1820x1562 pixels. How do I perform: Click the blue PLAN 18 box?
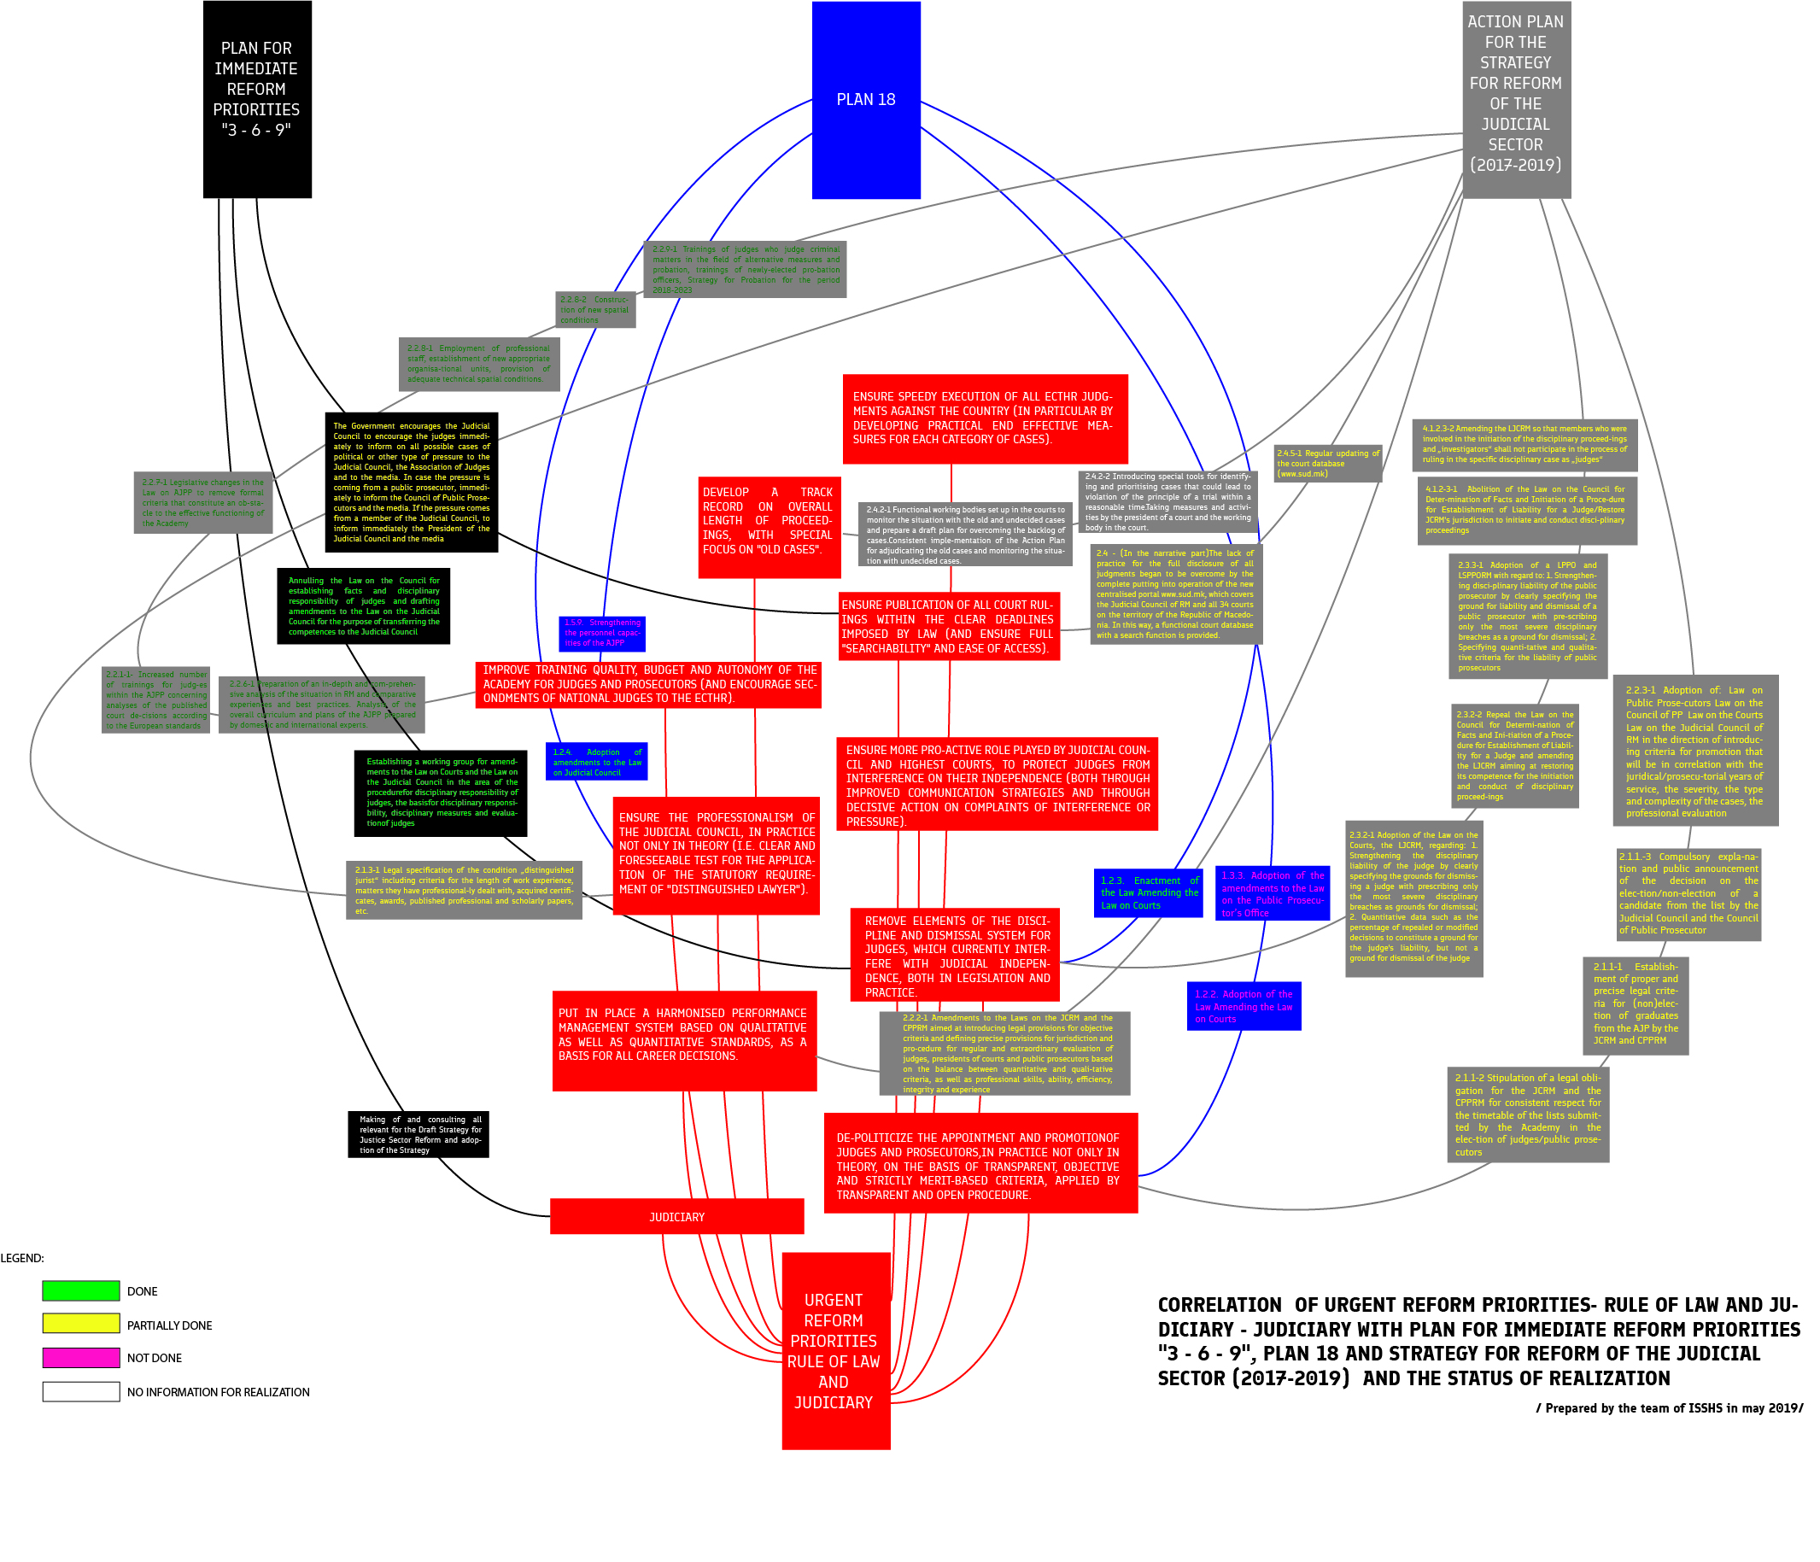click(x=865, y=99)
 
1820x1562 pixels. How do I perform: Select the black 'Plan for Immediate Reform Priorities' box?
click(x=256, y=98)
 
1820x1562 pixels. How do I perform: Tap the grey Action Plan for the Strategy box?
click(x=1515, y=98)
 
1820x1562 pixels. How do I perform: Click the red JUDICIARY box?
click(x=676, y=1216)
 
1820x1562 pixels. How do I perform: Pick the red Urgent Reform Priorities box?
click(x=835, y=1350)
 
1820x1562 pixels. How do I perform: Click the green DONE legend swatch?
click(x=81, y=1290)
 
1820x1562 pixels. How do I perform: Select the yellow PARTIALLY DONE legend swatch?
click(x=81, y=1324)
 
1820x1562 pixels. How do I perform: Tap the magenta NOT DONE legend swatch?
click(x=81, y=1357)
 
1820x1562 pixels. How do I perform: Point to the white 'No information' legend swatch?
click(x=81, y=1391)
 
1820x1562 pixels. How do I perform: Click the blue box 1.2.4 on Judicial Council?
click(x=596, y=762)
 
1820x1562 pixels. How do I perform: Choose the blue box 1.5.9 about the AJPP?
click(x=602, y=634)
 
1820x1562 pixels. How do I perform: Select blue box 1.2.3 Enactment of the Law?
click(x=1148, y=892)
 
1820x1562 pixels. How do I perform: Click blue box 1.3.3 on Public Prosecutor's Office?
click(x=1272, y=893)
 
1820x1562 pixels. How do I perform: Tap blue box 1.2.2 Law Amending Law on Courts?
click(x=1243, y=1006)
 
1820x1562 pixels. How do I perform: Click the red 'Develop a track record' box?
click(x=769, y=527)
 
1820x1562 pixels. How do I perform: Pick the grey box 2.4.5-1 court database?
click(x=1327, y=463)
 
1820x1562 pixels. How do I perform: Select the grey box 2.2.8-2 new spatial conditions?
click(x=594, y=309)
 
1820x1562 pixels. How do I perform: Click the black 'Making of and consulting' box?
click(x=418, y=1134)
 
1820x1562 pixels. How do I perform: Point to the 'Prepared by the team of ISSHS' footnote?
click(x=1669, y=1407)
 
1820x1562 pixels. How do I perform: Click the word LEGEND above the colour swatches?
click(x=22, y=1258)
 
